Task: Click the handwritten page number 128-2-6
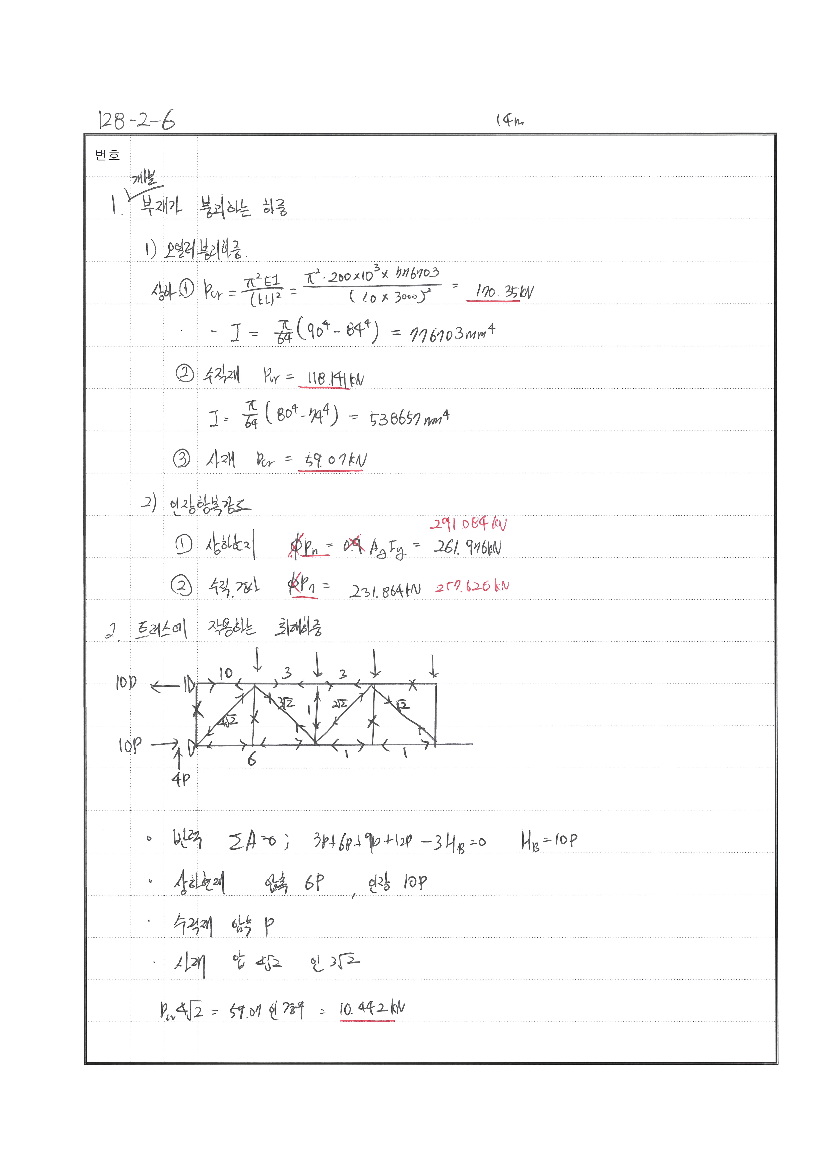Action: [136, 120]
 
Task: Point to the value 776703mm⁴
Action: [452, 333]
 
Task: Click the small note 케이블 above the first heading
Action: [145, 178]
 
